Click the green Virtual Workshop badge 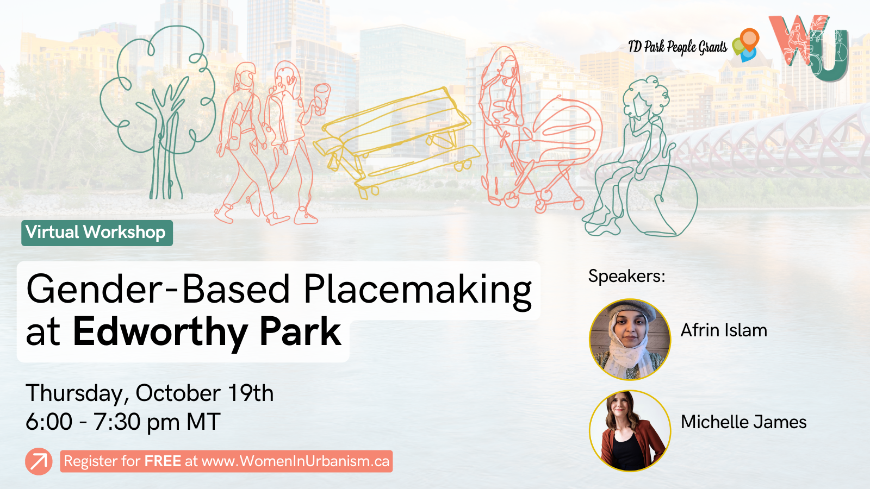pos(97,233)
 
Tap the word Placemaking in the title pos(417,290)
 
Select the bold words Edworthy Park pos(207,332)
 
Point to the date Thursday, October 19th pos(150,393)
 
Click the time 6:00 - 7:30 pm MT pos(123,422)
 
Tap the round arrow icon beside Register pos(39,461)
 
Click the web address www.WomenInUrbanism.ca pos(295,461)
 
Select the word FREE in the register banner pos(163,461)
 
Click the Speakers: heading pos(626,276)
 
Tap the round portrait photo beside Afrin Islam pos(630,339)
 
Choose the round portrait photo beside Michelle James pos(630,430)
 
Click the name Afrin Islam pos(724,330)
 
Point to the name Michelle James pos(743,422)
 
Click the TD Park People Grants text pos(677,47)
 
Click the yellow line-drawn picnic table pos(397,141)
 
